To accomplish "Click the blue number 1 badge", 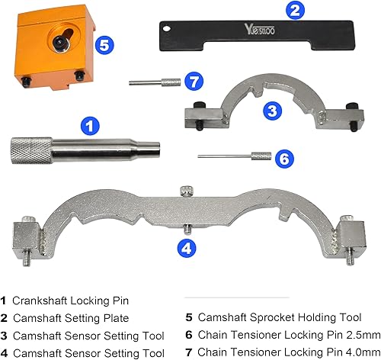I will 91,122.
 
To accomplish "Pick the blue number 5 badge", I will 105,45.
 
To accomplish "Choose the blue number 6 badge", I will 283,159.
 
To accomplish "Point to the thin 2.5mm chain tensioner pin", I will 229,156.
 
